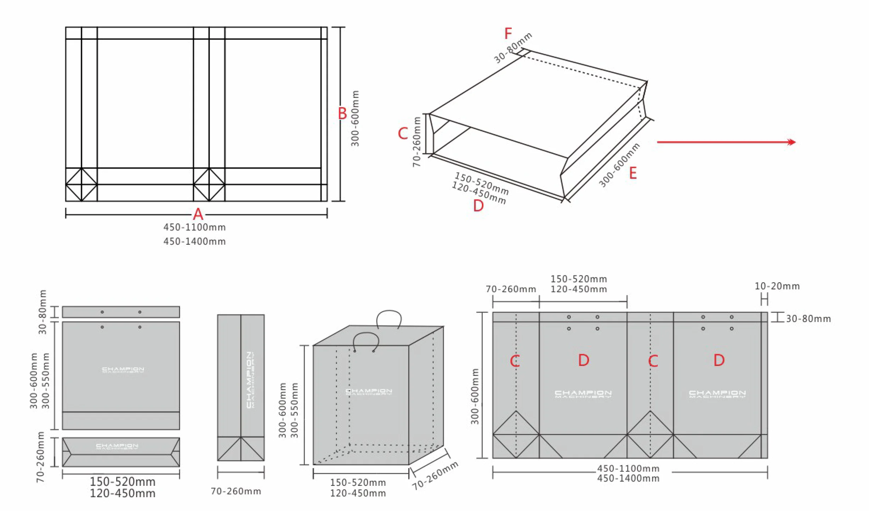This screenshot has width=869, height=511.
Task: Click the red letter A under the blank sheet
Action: point(198,215)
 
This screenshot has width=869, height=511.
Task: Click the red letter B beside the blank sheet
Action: point(342,114)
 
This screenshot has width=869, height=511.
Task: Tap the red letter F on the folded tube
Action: point(508,34)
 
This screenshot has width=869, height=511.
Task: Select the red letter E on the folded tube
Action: point(633,173)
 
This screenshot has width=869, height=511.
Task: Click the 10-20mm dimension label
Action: point(777,286)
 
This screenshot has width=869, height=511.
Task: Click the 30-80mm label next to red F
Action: point(513,48)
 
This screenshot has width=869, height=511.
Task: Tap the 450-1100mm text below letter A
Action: point(195,227)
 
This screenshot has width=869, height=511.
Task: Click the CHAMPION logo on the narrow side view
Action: point(250,379)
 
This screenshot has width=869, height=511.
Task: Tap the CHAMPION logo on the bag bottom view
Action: point(117,446)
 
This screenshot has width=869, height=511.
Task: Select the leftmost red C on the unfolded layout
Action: point(515,361)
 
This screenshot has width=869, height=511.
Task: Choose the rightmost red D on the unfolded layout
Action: point(719,361)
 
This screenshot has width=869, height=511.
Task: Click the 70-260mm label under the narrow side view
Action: point(236,491)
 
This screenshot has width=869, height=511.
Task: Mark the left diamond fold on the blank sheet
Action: point(82,184)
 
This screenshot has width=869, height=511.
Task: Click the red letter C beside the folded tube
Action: point(403,134)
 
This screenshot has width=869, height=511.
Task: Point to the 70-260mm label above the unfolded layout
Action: point(511,289)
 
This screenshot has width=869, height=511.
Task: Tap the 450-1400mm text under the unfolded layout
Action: point(628,478)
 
